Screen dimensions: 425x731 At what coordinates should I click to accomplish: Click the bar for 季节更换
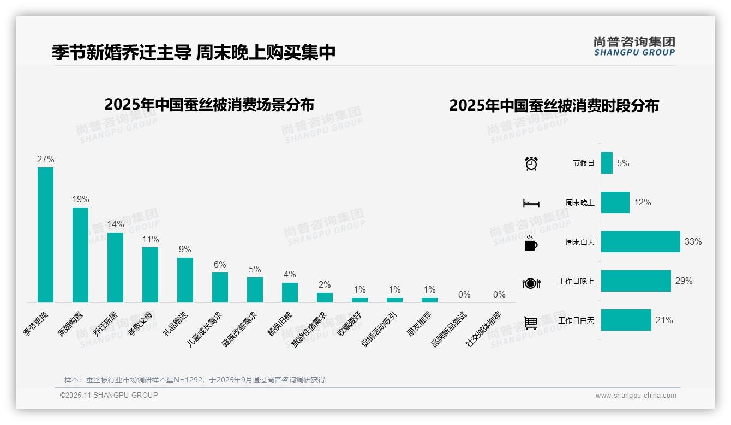point(45,234)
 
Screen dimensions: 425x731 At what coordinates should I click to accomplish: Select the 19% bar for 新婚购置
point(80,254)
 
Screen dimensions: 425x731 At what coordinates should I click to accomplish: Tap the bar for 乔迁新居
point(115,267)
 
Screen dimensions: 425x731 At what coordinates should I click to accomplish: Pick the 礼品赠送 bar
point(185,280)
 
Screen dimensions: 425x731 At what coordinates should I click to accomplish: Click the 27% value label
point(45,159)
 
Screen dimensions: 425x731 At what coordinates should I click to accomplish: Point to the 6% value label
point(220,264)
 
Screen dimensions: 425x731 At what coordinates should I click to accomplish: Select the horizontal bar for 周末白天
point(640,241)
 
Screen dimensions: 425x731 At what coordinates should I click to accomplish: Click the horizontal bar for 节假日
point(607,163)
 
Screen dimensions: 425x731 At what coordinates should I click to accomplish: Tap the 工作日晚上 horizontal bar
point(636,281)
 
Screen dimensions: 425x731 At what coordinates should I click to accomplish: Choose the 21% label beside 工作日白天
point(664,320)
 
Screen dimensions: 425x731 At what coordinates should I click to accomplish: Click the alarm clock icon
point(531,163)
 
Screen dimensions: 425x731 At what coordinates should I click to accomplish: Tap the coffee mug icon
point(531,243)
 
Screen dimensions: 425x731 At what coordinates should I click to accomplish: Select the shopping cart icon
point(531,323)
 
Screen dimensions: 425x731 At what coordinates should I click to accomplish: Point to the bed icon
point(531,203)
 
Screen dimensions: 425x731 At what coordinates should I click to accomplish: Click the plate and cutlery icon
point(531,283)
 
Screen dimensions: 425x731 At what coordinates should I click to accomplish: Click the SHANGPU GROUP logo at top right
point(634,46)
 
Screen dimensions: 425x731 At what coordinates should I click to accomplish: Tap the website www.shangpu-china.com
point(636,396)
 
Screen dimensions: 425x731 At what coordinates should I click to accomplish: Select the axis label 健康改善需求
point(239,330)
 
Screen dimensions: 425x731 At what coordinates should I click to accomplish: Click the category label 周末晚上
point(580,203)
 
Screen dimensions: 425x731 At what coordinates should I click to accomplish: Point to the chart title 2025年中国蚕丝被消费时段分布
point(554,105)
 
